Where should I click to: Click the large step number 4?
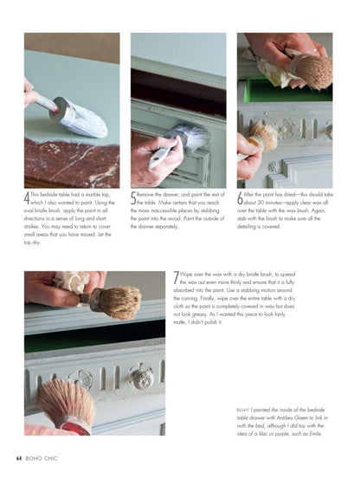click(29, 199)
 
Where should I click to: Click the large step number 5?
click(134, 199)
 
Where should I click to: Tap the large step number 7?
click(177, 279)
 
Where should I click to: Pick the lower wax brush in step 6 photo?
click(262, 136)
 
